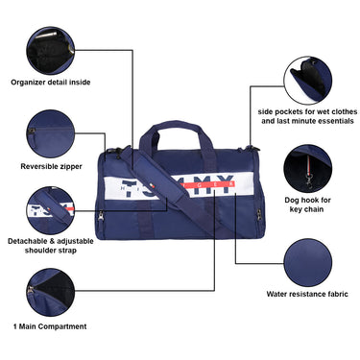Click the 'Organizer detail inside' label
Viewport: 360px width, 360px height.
(x=50, y=82)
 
